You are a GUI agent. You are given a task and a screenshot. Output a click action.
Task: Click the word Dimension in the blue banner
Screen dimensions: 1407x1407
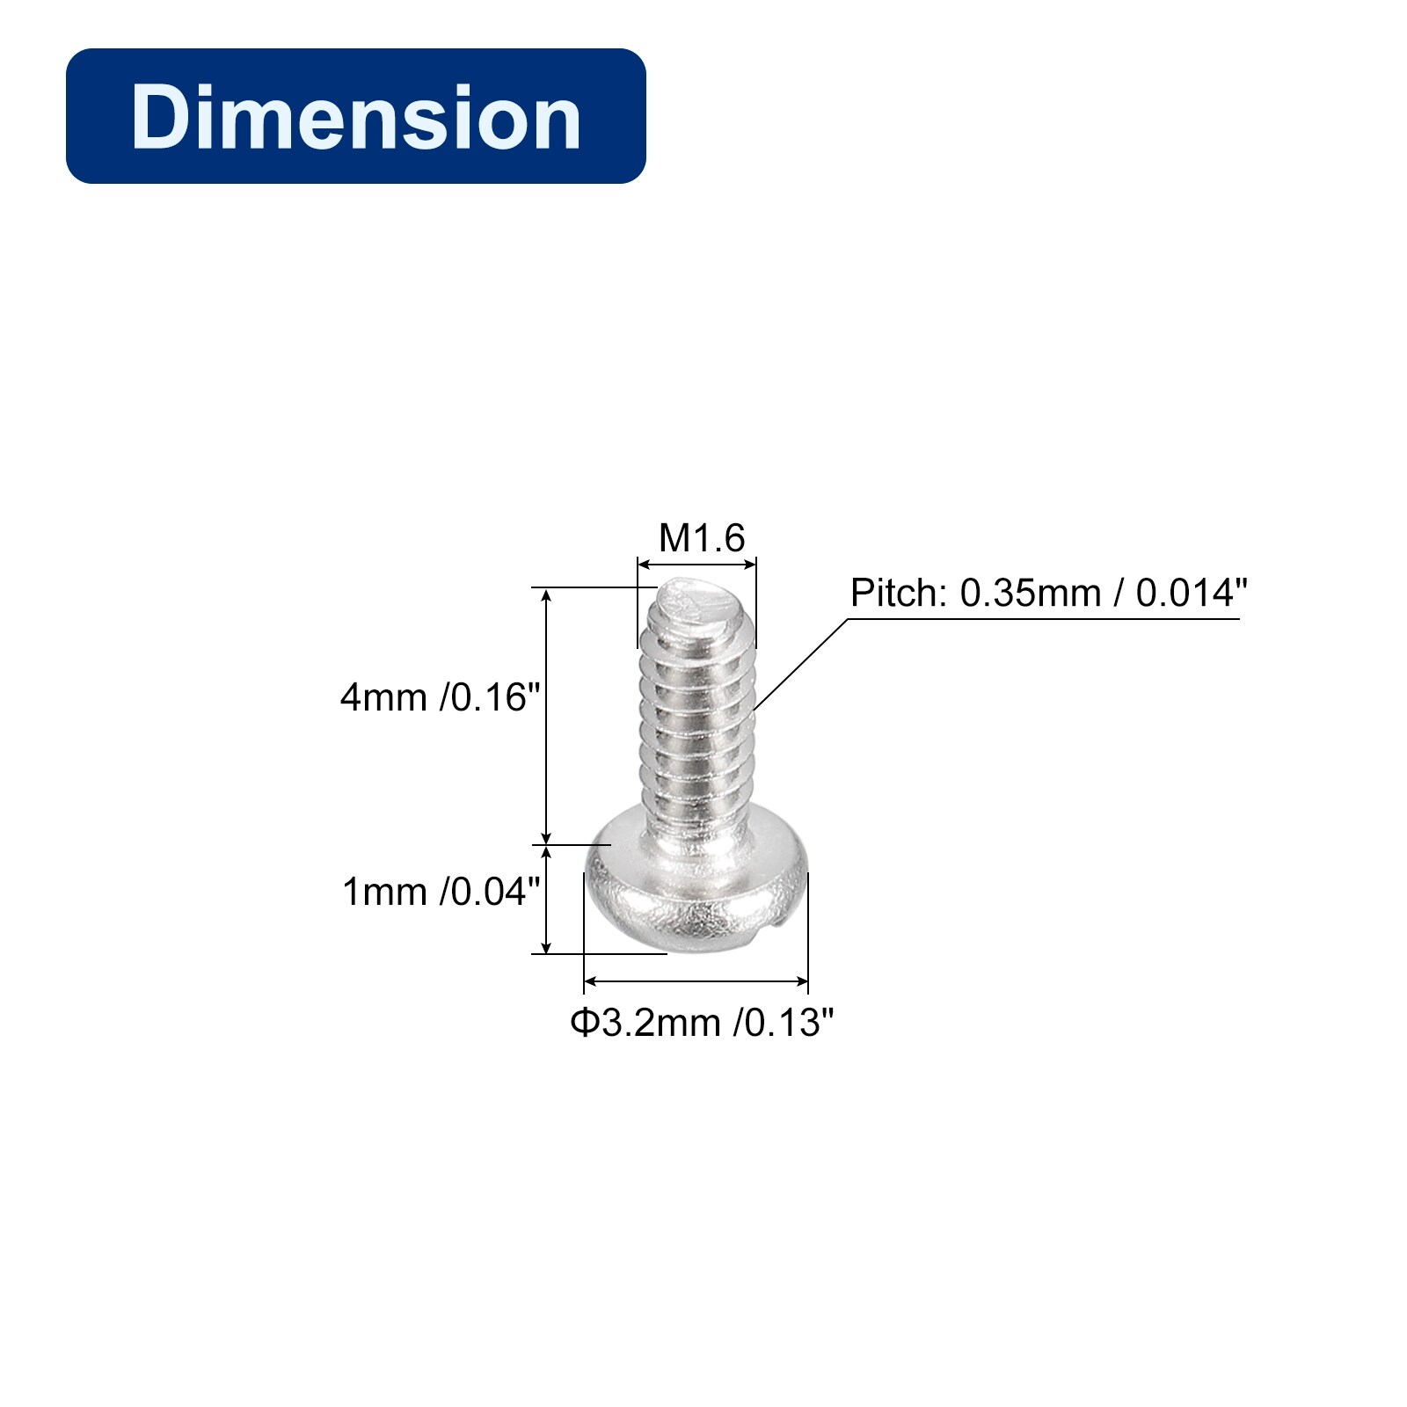point(356,117)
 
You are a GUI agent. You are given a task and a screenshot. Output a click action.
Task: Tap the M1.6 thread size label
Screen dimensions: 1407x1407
point(702,537)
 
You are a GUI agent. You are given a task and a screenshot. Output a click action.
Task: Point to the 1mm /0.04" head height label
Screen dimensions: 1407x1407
point(440,892)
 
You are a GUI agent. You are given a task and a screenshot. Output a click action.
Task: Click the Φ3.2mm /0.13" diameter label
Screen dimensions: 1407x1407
point(702,1022)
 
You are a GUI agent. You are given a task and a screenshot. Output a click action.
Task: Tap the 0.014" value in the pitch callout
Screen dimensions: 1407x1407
point(1192,594)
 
